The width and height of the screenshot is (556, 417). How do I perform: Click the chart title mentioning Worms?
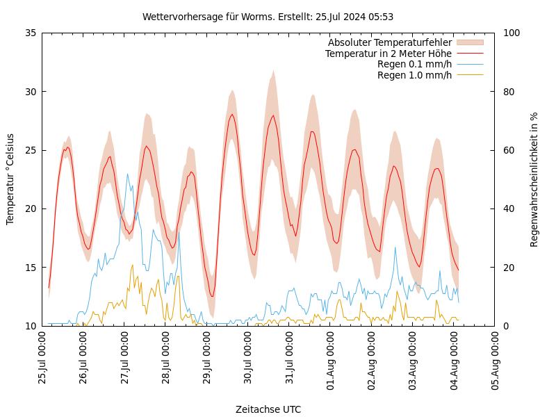point(268,17)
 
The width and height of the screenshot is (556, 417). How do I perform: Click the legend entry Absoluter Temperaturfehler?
point(389,43)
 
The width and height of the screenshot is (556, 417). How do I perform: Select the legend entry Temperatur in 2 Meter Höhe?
point(388,54)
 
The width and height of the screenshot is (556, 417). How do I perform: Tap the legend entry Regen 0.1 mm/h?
point(414,65)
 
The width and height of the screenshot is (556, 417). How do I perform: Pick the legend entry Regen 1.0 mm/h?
point(414,75)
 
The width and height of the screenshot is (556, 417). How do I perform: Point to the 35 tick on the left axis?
point(30,33)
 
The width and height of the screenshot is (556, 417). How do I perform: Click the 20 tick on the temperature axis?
point(30,208)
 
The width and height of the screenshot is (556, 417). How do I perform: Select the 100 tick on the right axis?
point(511,33)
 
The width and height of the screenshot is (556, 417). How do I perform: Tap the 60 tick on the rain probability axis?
point(508,150)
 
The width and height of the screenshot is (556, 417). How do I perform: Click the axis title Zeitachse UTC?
point(268,409)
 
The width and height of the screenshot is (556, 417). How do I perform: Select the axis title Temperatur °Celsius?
point(10,179)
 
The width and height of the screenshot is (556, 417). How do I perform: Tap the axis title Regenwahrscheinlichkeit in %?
point(534,179)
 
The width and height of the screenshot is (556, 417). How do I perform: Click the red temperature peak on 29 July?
point(232,115)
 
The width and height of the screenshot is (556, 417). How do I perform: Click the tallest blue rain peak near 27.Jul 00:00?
point(127,174)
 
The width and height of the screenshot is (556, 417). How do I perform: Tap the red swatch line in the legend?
point(470,54)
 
